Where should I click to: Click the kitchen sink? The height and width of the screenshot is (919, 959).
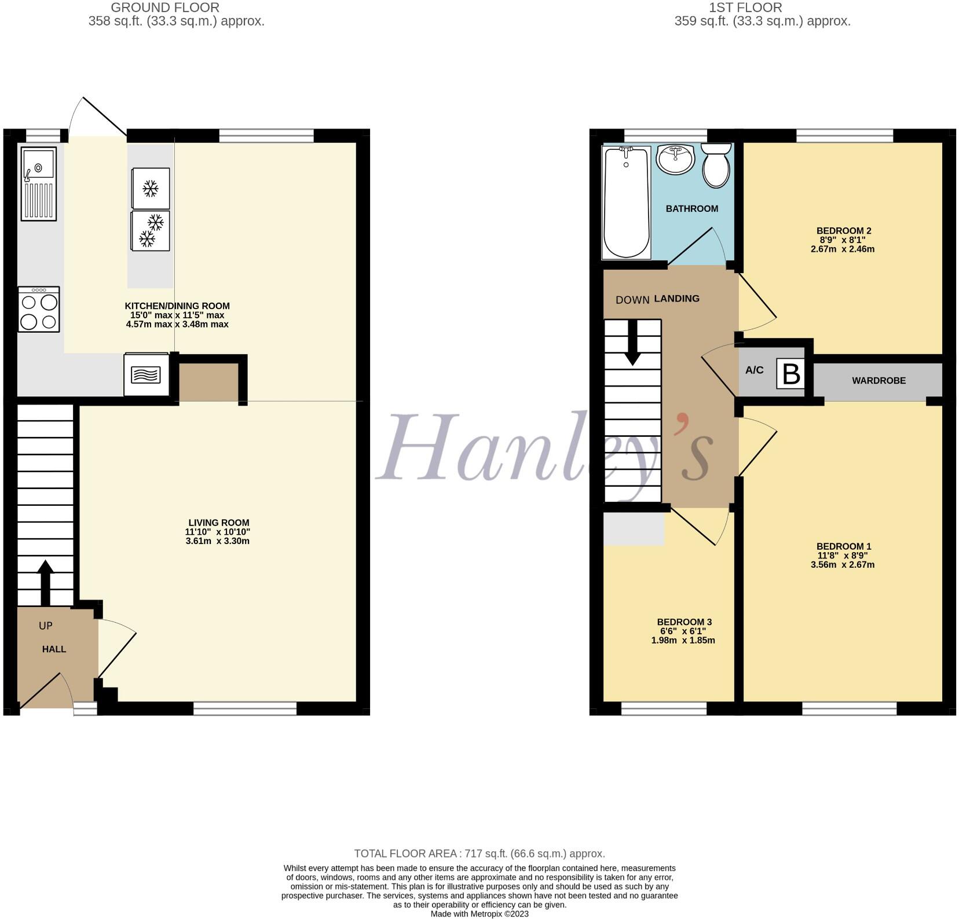pyautogui.click(x=39, y=183)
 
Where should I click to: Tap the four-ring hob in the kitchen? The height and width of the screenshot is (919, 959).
pyautogui.click(x=39, y=310)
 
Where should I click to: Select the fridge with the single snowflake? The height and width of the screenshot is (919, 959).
pyautogui.click(x=151, y=188)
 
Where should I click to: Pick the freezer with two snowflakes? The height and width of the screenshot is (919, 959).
pyautogui.click(x=151, y=230)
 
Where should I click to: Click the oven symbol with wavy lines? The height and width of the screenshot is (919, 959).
pyautogui.click(x=146, y=375)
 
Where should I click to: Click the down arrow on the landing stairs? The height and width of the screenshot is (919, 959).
pyautogui.click(x=632, y=343)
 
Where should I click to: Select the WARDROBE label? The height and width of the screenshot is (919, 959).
pyautogui.click(x=879, y=381)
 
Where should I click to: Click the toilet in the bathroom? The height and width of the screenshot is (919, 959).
pyautogui.click(x=716, y=167)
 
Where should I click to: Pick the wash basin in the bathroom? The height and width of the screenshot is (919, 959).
pyautogui.click(x=675, y=159)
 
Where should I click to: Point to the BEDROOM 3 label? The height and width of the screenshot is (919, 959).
pyautogui.click(x=683, y=622)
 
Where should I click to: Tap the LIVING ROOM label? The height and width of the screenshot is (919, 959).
pyautogui.click(x=218, y=523)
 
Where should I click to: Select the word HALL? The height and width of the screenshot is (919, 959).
pyautogui.click(x=54, y=649)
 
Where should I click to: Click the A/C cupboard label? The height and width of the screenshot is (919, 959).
pyautogui.click(x=754, y=370)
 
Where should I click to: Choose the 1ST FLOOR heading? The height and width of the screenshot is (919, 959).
pyautogui.click(x=745, y=8)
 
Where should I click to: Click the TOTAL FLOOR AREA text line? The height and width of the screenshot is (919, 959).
pyautogui.click(x=479, y=854)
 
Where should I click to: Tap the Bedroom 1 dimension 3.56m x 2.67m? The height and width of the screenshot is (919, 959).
pyautogui.click(x=843, y=565)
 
